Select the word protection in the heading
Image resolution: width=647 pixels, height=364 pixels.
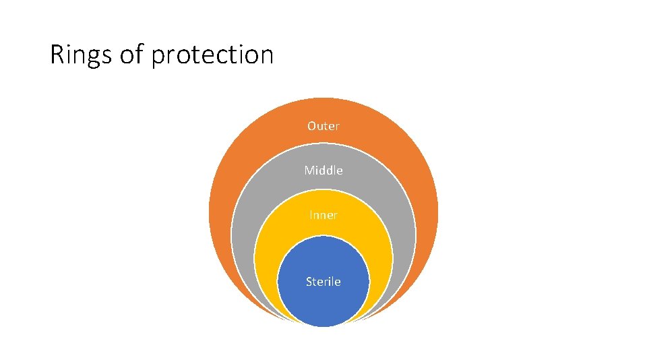[x=212, y=55]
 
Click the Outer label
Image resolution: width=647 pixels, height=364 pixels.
[x=323, y=126]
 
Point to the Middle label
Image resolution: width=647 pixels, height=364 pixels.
[x=323, y=171]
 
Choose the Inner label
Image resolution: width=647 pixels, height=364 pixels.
[x=323, y=215]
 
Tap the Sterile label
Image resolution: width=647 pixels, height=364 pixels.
[x=323, y=282]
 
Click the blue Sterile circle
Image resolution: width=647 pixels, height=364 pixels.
[x=323, y=303]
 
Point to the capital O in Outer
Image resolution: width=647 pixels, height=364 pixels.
[x=312, y=126]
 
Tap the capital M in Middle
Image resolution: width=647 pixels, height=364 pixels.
[x=309, y=171]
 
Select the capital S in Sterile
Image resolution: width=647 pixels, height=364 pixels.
[x=309, y=282]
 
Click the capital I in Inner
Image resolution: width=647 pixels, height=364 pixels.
[x=311, y=215]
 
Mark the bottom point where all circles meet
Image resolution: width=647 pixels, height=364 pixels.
[x=323, y=326]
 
